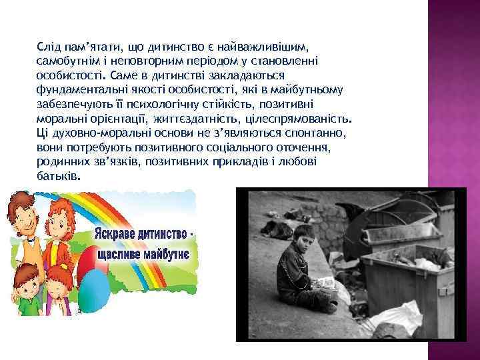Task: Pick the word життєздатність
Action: click(x=207, y=121)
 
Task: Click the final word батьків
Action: click(x=59, y=179)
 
